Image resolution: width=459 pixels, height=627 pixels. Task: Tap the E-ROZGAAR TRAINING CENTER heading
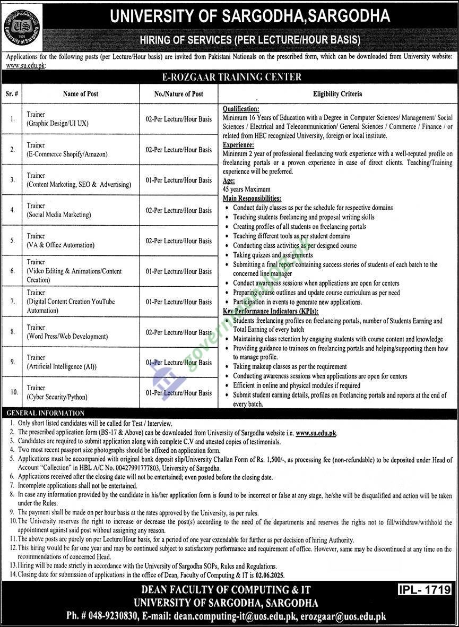coord(230,77)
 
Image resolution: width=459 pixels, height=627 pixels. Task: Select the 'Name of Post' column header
coord(80,94)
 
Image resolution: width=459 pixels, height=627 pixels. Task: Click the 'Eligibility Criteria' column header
coord(337,94)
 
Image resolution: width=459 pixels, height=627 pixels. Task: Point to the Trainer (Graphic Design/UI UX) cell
coord(57,119)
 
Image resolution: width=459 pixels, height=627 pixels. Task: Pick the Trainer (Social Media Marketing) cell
coord(59,210)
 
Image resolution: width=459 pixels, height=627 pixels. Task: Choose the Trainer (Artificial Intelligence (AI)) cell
coord(62,362)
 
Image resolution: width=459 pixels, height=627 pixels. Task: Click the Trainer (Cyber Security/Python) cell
coord(57,392)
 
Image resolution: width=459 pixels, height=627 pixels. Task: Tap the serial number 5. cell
coord(12,241)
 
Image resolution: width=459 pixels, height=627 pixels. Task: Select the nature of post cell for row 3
coord(178,180)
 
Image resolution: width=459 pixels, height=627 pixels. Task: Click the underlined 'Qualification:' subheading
coord(241,108)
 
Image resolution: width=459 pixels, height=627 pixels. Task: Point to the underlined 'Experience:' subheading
coord(238,144)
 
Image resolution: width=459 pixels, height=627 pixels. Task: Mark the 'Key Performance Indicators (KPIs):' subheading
coord(271,312)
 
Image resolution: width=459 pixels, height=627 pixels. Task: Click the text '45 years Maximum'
coord(246,189)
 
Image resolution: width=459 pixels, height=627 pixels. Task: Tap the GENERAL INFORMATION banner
coord(45,413)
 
